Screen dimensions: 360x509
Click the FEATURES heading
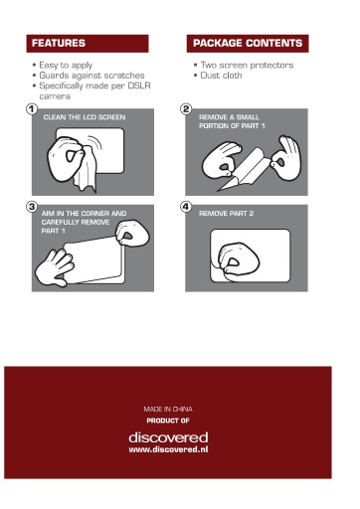coord(59,43)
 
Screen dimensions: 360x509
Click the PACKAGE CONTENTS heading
coord(248,43)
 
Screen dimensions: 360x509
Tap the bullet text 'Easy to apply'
coord(66,65)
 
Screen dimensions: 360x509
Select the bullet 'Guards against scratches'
coord(91,76)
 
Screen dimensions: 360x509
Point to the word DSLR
coord(139,85)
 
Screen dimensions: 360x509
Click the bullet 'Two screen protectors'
coord(247,65)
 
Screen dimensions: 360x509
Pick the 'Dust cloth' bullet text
coord(221,76)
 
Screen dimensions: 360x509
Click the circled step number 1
coord(32,109)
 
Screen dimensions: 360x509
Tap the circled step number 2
coord(186,109)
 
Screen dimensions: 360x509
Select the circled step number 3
coord(32,207)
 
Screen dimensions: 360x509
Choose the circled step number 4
coord(186,207)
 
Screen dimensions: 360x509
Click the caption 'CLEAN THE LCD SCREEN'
coord(85,117)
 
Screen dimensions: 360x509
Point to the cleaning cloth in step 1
coord(87,171)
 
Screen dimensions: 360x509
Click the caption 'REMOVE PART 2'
coord(227,214)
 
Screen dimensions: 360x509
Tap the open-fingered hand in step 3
coord(55,267)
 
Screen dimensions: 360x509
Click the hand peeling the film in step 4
coord(238,261)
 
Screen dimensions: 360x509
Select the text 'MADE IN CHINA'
coord(168,410)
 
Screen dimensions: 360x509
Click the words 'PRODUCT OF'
coord(168,421)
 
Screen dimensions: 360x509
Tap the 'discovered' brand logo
coord(168,437)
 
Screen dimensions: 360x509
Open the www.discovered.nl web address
coord(168,449)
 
